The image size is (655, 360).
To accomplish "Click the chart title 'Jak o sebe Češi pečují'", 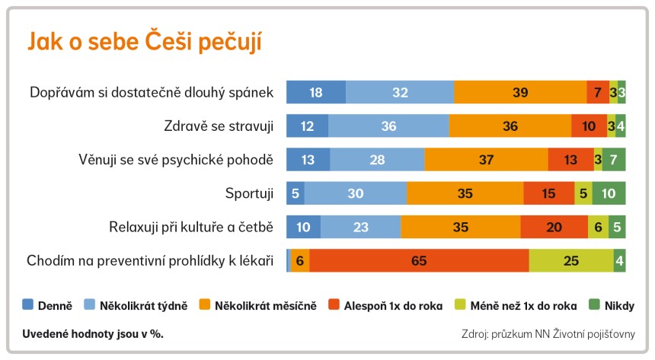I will point(145,42).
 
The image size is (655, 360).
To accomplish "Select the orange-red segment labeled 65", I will point(419,261).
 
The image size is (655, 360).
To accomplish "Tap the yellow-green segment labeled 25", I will point(570,261).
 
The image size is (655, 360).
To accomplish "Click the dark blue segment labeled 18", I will point(315,92).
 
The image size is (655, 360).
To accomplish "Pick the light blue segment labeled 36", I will point(388,126).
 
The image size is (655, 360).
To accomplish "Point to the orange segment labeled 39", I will point(520,92).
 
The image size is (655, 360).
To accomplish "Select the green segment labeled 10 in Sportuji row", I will point(609,193).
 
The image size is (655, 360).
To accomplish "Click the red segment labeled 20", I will point(554,227).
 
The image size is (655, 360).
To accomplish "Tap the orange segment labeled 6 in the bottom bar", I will point(300,261).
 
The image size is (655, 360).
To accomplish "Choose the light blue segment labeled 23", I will point(360,227).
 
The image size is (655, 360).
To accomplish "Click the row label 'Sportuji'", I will point(250,193).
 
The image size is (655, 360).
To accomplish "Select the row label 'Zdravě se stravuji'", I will point(219,126).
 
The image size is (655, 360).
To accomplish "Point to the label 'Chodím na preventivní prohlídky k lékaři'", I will point(150,261).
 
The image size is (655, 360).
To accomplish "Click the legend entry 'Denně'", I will point(48,306).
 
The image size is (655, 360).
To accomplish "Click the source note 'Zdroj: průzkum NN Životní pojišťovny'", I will point(548,333).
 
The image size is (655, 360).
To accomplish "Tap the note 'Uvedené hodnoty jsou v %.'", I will point(93,333).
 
